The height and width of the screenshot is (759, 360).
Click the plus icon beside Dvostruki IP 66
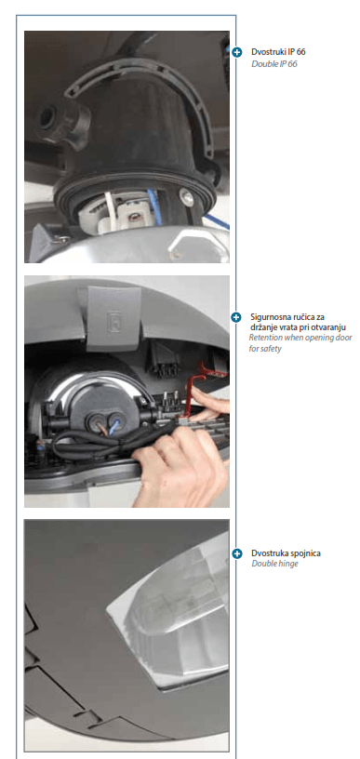pyautogui.click(x=236, y=52)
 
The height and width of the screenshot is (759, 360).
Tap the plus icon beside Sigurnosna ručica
pyautogui.click(x=236, y=317)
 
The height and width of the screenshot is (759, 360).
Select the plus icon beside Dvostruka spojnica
pyautogui.click(x=236, y=553)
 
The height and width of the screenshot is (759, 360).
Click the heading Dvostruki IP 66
pyautogui.click(x=278, y=52)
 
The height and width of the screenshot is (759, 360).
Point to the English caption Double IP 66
pyautogui.click(x=273, y=64)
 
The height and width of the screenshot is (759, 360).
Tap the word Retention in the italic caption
pyautogui.click(x=265, y=338)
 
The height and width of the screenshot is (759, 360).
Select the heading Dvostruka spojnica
pyautogui.click(x=286, y=553)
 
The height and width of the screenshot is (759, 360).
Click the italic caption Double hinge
pyautogui.click(x=274, y=564)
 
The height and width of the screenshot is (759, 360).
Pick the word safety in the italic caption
pyautogui.click(x=271, y=349)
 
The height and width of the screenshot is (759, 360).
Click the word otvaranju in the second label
pyautogui.click(x=329, y=327)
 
